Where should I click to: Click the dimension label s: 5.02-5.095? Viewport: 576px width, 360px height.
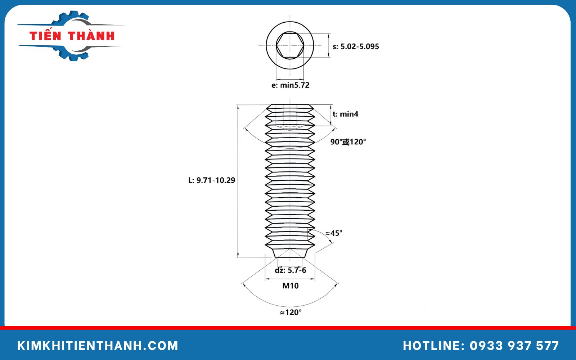[x=356, y=46]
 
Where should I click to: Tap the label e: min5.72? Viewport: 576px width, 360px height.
[x=290, y=85]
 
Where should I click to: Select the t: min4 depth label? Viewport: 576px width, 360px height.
[x=345, y=114]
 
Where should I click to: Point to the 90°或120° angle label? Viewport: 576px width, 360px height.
[x=348, y=142]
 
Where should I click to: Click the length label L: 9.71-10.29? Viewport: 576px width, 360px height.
[x=212, y=180]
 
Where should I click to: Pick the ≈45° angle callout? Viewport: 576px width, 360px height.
[x=334, y=233]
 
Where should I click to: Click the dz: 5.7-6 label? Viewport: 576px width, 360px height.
[x=291, y=270]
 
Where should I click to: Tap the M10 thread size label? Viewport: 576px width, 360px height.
[x=290, y=286]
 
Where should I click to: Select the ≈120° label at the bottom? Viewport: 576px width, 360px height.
[x=291, y=312]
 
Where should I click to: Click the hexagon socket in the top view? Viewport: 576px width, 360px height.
[x=290, y=45]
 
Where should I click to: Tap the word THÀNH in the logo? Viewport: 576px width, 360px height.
[x=91, y=36]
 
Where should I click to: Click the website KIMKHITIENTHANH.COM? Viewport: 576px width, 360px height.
[x=98, y=346]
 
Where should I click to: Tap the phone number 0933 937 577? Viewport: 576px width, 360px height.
[x=514, y=346]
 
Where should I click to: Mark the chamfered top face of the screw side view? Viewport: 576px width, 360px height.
[x=290, y=107]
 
